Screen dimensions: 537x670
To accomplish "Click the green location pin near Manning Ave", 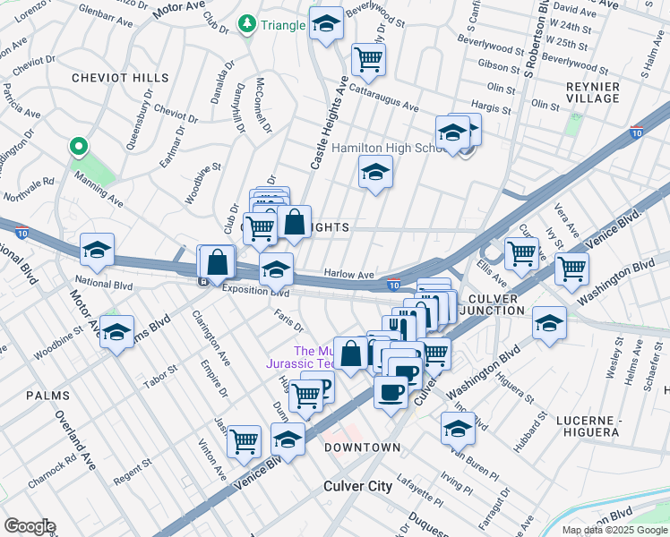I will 79,148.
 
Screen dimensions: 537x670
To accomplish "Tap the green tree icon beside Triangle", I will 247,25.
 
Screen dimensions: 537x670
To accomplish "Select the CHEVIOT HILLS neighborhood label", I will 120,78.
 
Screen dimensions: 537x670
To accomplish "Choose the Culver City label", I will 356,486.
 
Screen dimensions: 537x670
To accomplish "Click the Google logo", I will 30,526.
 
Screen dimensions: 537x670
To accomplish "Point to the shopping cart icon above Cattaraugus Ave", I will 368,59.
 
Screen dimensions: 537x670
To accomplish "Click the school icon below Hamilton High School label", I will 375,172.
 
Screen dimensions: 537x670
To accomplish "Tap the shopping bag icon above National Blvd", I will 217,262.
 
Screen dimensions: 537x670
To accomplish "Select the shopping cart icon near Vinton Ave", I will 244,441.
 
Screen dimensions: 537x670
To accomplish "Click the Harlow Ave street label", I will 348,275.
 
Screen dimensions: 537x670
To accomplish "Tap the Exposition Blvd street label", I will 255,292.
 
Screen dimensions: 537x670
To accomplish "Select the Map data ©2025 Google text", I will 614,530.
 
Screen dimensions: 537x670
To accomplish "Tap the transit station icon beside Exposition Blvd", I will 203,281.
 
